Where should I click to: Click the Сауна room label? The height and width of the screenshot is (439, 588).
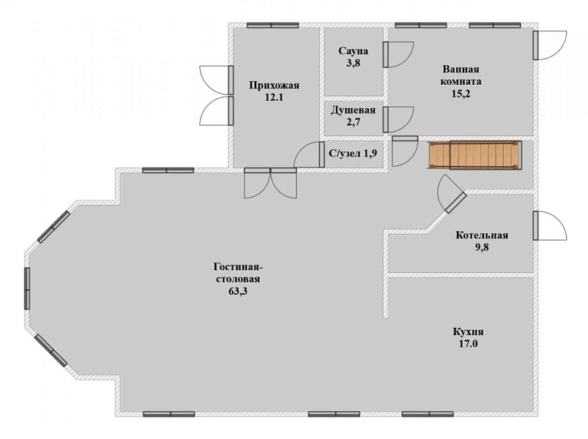(x=353, y=51)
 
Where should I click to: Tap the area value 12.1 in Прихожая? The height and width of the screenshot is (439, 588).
(x=274, y=97)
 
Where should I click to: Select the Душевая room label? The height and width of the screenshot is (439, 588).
(x=353, y=110)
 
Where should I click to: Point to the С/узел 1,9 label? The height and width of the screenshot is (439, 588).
(x=353, y=153)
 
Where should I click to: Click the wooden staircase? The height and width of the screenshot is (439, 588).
(x=475, y=155)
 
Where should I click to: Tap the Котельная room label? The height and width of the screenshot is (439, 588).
(x=482, y=236)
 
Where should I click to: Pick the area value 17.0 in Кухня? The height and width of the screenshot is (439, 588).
(x=469, y=344)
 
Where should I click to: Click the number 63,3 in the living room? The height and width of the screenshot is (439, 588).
(x=238, y=291)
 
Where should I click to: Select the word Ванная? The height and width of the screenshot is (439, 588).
(x=461, y=70)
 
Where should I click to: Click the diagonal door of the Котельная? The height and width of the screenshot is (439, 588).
(x=452, y=195)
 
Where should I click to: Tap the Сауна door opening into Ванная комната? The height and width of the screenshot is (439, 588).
(x=398, y=54)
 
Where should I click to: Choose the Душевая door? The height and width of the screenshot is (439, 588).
(x=398, y=119)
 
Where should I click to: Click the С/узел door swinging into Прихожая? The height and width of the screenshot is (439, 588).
(x=309, y=154)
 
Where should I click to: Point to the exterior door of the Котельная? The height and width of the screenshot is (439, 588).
(x=550, y=225)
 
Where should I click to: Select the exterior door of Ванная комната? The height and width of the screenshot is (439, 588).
(x=550, y=45)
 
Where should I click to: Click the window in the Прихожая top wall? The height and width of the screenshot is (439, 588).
(x=272, y=26)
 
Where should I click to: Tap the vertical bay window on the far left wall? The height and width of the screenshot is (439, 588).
(x=27, y=288)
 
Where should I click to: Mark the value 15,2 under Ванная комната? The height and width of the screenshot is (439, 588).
(x=461, y=94)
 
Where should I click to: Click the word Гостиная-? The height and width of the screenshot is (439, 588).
(x=238, y=267)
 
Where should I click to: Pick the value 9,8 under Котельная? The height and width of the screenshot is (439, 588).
(x=482, y=247)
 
